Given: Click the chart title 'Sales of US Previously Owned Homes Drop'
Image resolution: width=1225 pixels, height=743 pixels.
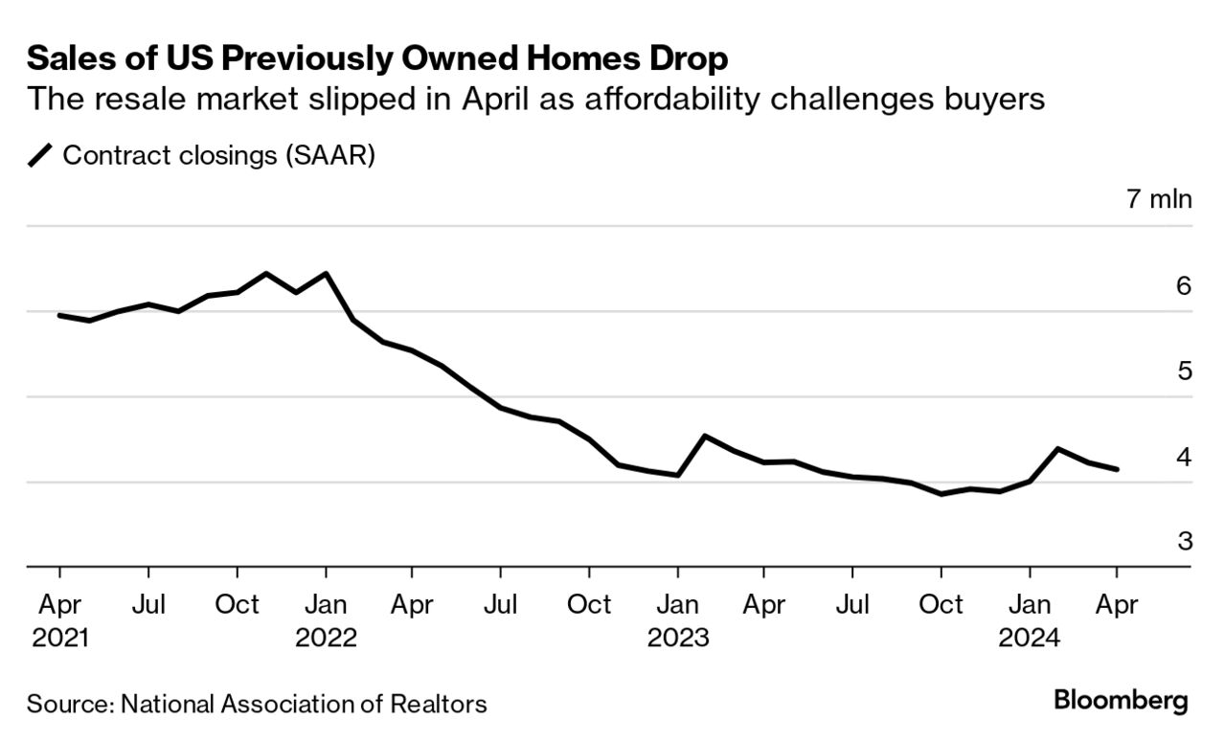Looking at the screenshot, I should (x=377, y=59).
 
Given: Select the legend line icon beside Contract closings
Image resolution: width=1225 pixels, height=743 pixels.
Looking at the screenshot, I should (x=41, y=155).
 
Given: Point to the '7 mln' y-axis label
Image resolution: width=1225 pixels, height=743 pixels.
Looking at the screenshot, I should (x=1159, y=199).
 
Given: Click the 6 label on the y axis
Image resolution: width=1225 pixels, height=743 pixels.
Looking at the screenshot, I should (x=1184, y=285).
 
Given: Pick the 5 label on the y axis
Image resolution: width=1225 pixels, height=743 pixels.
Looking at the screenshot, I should (x=1184, y=371).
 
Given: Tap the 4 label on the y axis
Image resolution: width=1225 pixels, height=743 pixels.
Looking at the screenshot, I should (x=1184, y=457).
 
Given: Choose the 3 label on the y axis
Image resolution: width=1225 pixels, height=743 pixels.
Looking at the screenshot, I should (x=1184, y=542).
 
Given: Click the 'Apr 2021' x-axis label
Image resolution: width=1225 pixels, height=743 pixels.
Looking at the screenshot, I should (x=59, y=621).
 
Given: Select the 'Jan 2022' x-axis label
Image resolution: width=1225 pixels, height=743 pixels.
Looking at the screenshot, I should (x=326, y=621).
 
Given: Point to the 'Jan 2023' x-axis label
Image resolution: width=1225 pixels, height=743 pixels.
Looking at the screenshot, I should (x=678, y=621).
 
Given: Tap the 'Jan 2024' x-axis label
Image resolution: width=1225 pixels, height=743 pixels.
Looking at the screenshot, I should (x=1030, y=621).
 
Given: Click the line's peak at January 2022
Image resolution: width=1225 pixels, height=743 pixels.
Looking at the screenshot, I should (x=327, y=274).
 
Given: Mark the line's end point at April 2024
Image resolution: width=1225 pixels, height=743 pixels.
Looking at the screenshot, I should (x=1117, y=469).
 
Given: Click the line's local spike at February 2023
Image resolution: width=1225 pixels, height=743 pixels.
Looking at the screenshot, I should (x=705, y=437).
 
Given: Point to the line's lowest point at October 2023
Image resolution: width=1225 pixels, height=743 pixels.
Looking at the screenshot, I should (x=941, y=494).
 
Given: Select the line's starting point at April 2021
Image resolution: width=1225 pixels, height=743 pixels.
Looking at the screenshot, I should (x=59, y=315).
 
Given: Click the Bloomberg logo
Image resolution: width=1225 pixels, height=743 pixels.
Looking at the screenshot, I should (x=1121, y=700).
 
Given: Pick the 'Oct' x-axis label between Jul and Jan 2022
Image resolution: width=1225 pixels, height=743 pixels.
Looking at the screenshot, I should (x=237, y=605).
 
